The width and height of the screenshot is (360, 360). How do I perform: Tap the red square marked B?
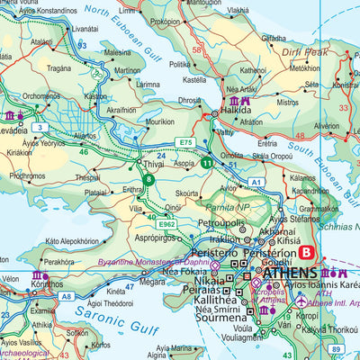307,254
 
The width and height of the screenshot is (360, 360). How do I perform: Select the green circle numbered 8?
148,179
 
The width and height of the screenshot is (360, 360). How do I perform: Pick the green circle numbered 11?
208,163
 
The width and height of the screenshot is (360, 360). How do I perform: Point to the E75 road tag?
185,142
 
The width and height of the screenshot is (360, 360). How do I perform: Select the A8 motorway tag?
66,295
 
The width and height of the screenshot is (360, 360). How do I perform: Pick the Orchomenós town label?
41,94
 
